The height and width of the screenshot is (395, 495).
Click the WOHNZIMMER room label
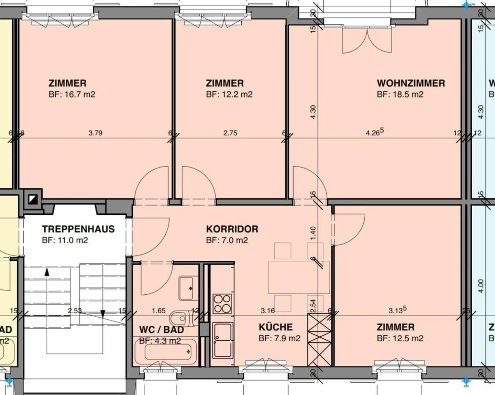coord(411,83)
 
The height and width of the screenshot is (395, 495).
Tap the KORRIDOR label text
coord(232,229)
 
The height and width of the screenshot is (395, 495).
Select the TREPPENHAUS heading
coord(78,229)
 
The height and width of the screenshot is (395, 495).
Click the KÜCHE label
coord(276,327)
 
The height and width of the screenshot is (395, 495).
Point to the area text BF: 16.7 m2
coord(72,94)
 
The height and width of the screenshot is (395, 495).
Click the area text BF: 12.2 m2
coord(229,94)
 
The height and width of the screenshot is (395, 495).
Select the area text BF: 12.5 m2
coord(400,338)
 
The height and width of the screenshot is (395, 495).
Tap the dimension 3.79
coord(95,133)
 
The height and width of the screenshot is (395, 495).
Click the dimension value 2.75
coord(230,133)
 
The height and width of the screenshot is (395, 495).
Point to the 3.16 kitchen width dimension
coord(267,311)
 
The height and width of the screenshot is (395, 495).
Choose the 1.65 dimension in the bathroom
coord(159,311)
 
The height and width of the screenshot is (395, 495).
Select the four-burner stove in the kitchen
coord(222,304)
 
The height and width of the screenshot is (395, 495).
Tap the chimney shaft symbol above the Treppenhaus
coord(33,199)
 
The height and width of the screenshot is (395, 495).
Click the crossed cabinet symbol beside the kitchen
coord(319,339)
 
